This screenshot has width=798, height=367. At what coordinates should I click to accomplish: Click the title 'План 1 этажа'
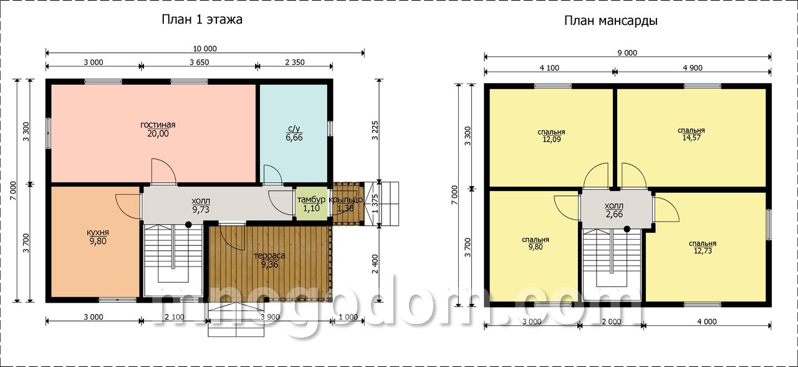click(202, 19)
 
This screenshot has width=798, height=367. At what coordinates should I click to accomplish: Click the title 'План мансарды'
click(611, 21)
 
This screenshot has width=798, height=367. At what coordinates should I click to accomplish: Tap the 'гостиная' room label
click(158, 125)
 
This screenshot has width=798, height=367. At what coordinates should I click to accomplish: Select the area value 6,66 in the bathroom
click(294, 138)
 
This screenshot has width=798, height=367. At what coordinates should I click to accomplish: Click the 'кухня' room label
click(98, 233)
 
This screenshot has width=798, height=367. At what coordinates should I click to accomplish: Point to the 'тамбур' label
click(311, 200)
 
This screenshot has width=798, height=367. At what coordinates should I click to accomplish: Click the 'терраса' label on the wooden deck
click(269, 256)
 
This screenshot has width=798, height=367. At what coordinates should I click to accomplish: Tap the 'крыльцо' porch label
click(345, 200)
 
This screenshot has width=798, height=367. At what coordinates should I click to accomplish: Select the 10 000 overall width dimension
click(205, 49)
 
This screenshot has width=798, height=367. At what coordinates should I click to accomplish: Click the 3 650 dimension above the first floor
click(199, 62)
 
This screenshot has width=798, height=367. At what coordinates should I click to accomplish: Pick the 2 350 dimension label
click(295, 62)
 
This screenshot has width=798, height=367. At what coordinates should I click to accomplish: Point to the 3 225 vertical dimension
click(375, 130)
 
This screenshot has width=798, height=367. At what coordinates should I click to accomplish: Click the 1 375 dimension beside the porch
click(375, 203)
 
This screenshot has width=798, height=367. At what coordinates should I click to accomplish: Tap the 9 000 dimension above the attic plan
click(627, 53)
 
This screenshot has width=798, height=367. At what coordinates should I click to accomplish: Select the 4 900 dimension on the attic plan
click(693, 68)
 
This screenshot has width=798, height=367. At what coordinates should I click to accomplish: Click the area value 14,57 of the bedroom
click(691, 138)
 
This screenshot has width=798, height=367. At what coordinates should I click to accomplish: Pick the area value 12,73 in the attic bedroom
click(703, 251)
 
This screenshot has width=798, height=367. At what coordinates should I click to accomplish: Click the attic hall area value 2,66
click(614, 214)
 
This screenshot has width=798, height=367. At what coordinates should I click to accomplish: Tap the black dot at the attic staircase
click(627, 229)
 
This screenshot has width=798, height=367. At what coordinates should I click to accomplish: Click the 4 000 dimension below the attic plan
click(707, 321)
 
